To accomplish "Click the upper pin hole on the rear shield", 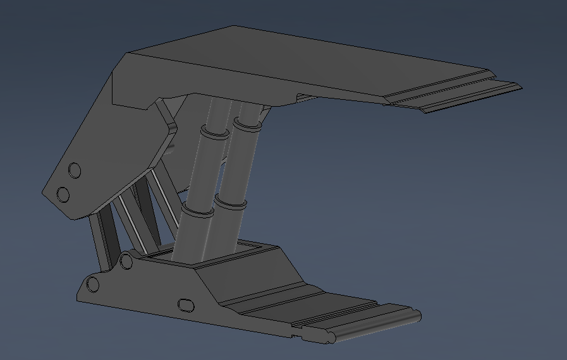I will pyautogui.click(x=75, y=170).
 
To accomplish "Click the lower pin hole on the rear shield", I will pyautogui.click(x=63, y=194).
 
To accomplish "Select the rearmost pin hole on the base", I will pyautogui.click(x=93, y=284).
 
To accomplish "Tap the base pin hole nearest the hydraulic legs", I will pyautogui.click(x=126, y=261).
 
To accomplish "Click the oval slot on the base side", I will pyautogui.click(x=186, y=305).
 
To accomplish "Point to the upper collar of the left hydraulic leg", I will pyautogui.click(x=214, y=133).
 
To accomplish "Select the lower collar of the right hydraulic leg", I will pyautogui.click(x=229, y=203).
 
